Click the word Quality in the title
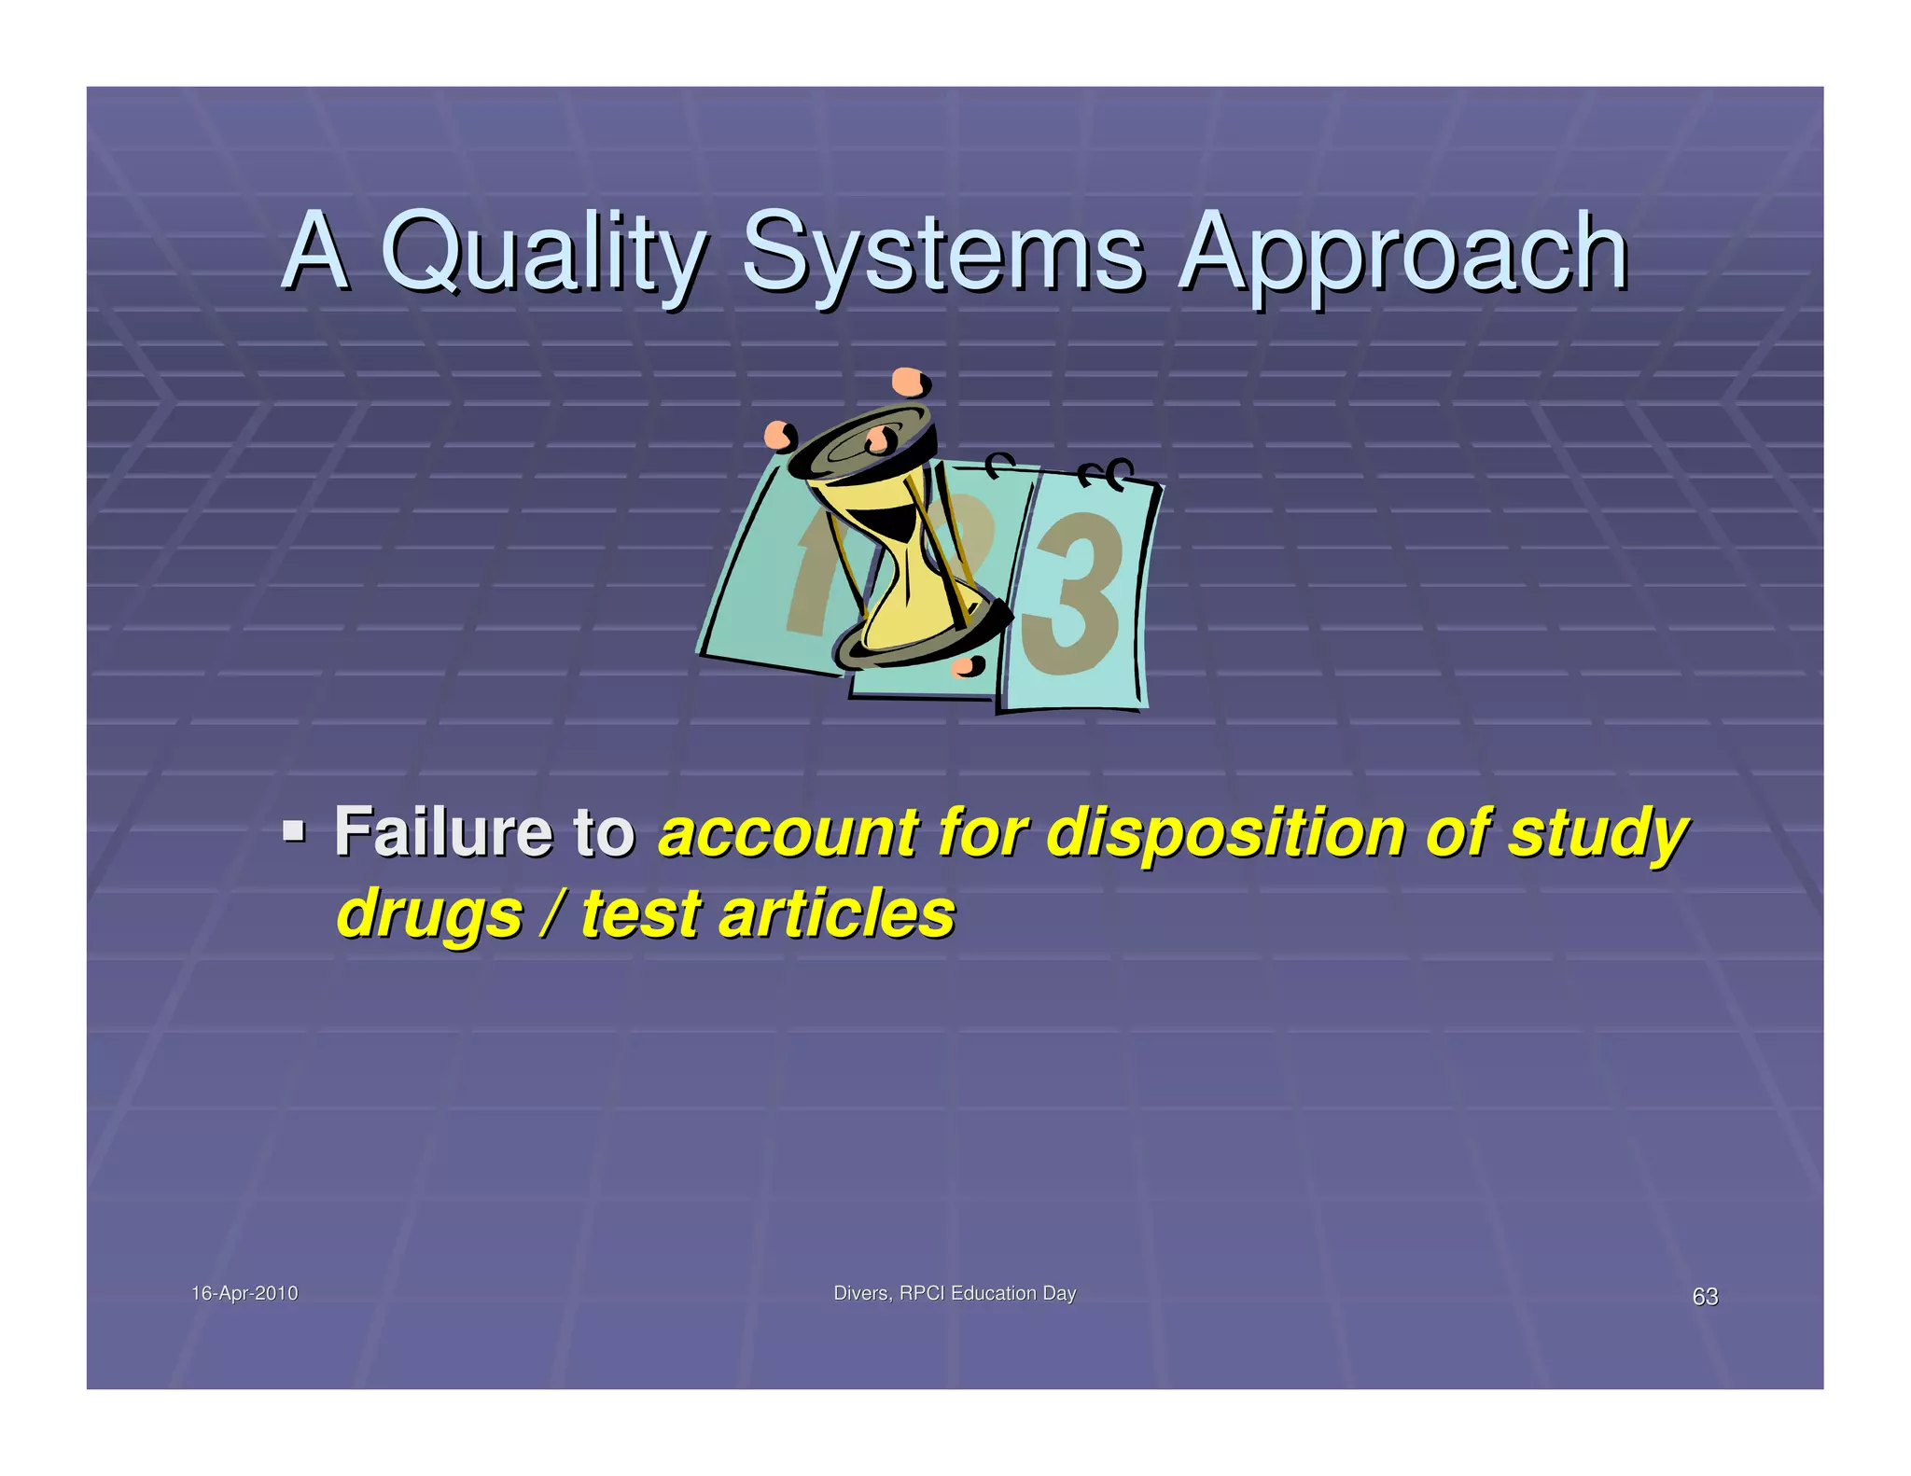click(541, 252)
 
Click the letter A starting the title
click(315, 250)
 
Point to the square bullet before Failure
click(294, 829)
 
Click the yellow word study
click(1597, 834)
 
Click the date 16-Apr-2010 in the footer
click(244, 1293)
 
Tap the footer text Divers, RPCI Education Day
click(954, 1293)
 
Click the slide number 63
click(1705, 1297)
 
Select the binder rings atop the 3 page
click(1105, 473)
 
